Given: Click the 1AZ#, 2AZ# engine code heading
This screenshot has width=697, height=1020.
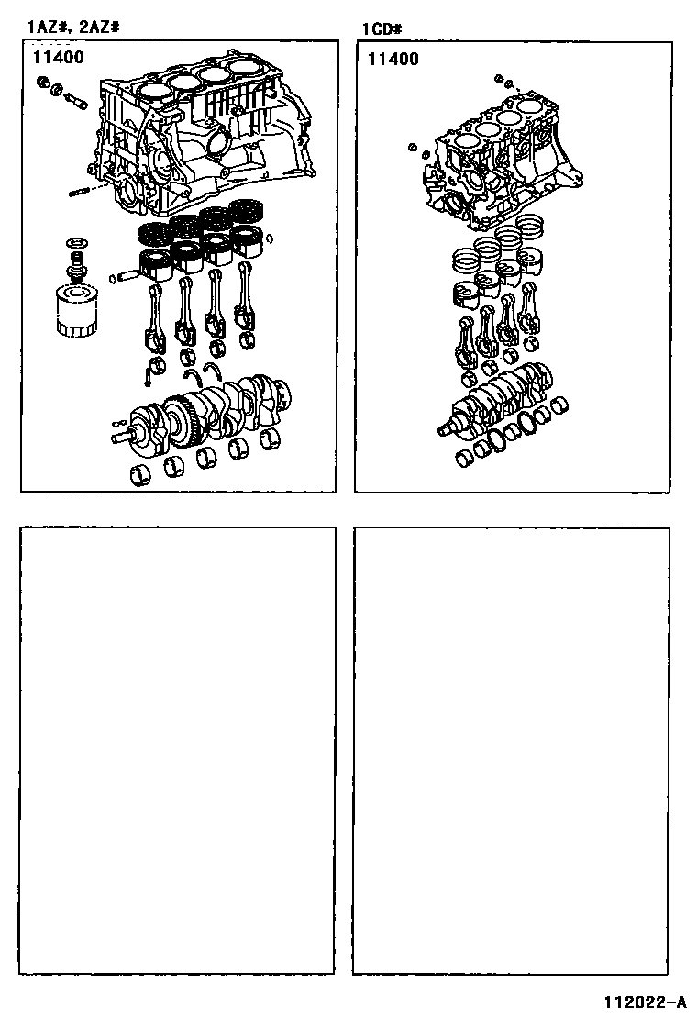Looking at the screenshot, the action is point(72,27).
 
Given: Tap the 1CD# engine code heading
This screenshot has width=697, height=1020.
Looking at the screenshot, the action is point(382,29).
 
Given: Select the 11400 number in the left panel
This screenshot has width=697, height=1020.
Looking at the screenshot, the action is point(59,57).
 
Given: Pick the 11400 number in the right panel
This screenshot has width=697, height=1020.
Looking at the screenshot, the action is point(393,60).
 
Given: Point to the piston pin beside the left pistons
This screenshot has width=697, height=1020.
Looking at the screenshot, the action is point(129,276).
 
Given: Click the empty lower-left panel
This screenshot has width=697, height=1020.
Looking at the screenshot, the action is point(178,750).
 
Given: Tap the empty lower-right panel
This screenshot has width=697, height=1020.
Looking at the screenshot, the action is point(511,751).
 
